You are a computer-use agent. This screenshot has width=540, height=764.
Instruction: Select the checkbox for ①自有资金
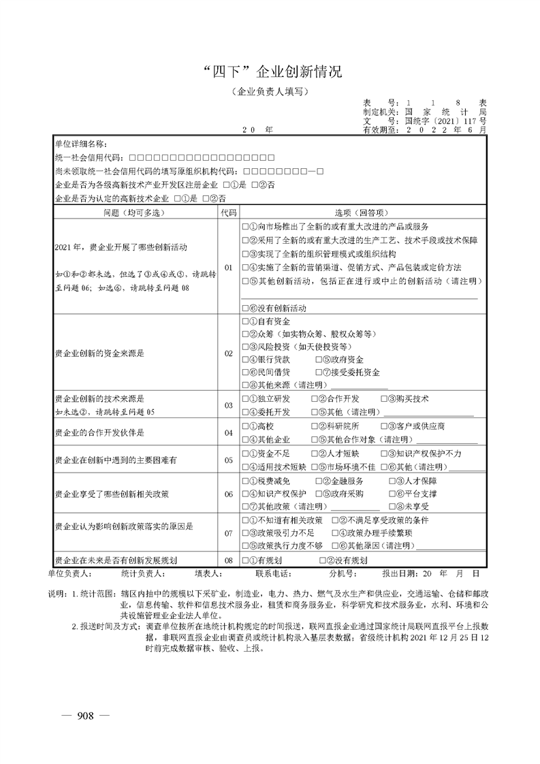246,321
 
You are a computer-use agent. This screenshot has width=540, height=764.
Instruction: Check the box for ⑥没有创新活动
246,308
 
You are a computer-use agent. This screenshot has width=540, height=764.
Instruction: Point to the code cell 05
228,460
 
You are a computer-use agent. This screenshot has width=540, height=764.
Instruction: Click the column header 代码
228,212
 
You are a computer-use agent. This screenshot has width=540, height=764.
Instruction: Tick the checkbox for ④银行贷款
246,360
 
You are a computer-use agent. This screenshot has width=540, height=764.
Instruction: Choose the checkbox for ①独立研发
246,399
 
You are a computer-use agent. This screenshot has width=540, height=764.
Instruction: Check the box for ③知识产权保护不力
383,453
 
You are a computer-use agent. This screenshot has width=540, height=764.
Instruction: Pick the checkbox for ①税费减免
246,481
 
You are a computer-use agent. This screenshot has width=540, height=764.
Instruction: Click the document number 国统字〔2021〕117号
446,119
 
